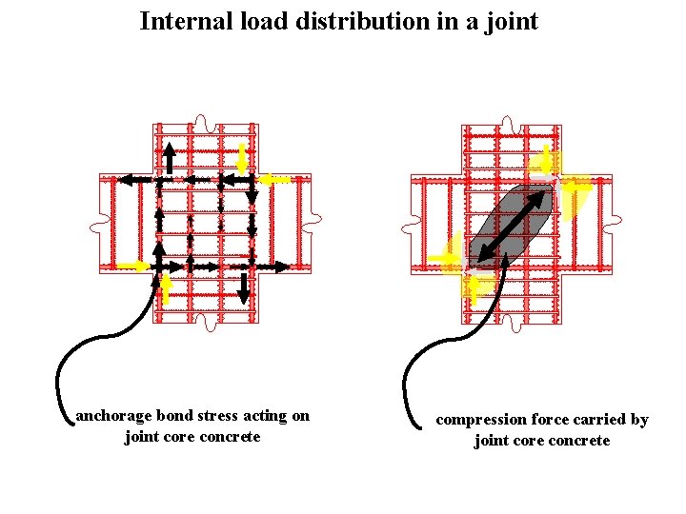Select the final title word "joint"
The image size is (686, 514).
click(512, 21)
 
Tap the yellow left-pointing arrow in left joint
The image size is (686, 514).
click(276, 179)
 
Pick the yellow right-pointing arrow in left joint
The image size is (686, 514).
click(134, 267)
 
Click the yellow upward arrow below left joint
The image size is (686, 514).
click(167, 287)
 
